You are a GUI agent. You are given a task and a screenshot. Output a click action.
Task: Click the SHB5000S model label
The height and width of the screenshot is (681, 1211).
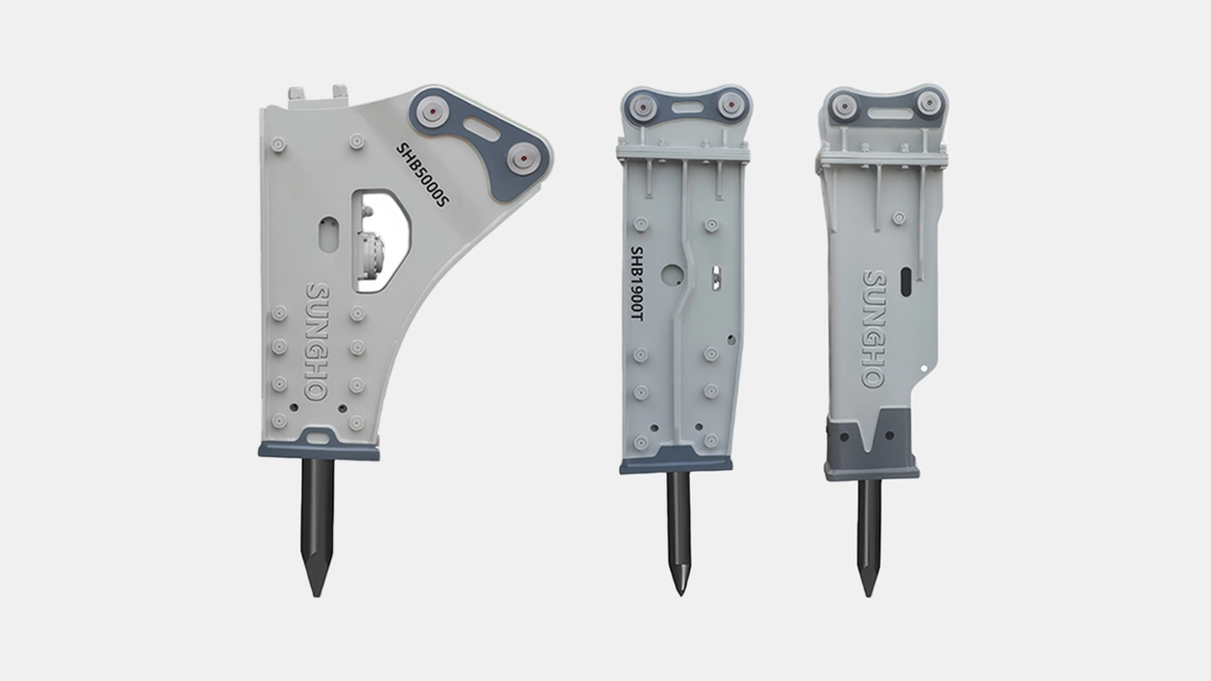(x=422, y=175)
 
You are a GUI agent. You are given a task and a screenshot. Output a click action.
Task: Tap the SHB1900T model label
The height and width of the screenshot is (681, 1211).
(x=637, y=283)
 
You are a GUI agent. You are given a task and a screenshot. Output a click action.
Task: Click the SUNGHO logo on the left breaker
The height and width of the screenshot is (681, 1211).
(x=316, y=342)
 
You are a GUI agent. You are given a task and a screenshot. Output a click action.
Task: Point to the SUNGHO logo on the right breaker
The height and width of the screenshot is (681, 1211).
(x=874, y=328)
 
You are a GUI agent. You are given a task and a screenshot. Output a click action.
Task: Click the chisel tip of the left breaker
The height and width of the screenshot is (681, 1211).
(x=317, y=596)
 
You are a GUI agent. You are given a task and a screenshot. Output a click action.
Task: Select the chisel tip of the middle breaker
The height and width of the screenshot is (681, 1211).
(x=681, y=595)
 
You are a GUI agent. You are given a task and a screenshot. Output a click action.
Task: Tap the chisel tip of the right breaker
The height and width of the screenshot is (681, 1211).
(x=869, y=595)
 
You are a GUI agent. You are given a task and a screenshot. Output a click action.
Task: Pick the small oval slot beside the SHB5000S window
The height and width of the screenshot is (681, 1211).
(x=328, y=234)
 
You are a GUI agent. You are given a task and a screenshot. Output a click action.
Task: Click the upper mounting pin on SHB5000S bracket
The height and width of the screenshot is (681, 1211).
(x=432, y=111)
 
